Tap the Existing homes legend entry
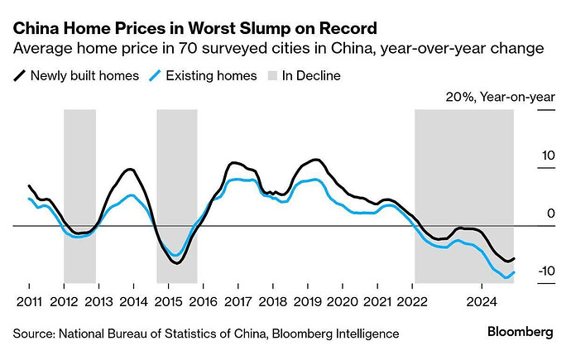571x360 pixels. pyautogui.click(x=202, y=76)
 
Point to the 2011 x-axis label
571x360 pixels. pyautogui.click(x=29, y=301)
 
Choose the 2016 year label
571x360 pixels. pyautogui.click(x=204, y=301)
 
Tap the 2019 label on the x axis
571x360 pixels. pyautogui.click(x=308, y=301)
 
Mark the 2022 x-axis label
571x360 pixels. pyautogui.click(x=413, y=301)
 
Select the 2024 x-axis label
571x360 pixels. pyautogui.click(x=482, y=301)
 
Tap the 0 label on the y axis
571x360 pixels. pyautogui.click(x=549, y=214)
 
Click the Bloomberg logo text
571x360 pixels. pyautogui.click(x=520, y=332)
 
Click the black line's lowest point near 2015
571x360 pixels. pyautogui.click(x=176, y=263)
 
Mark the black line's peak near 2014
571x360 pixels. pyautogui.click(x=130, y=170)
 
